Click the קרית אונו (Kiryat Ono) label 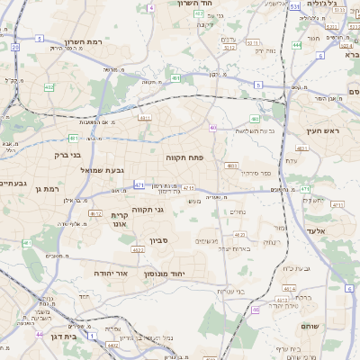(121, 220)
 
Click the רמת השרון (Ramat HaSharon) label (87, 42)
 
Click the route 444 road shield (297, 44)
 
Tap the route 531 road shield (295, 7)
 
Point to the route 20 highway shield (15, 46)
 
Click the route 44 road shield (39, 334)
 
